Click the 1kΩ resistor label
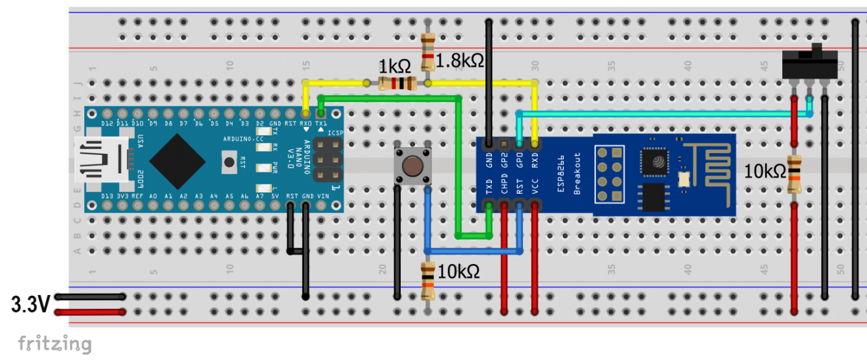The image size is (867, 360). point(394,66)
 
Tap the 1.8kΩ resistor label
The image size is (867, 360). point(460,61)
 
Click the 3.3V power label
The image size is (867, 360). point(30,304)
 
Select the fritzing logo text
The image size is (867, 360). point(54,344)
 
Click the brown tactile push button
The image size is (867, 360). point(412,166)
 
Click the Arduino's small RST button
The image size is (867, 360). point(229,161)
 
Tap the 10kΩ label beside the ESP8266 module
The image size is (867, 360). point(765,172)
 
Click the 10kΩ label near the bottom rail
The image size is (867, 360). point(458,271)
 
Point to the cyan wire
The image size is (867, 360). point(657,114)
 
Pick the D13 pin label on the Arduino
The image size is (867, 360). point(106,196)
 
